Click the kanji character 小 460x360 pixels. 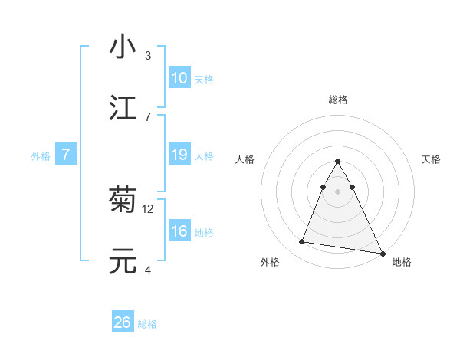tap(123, 47)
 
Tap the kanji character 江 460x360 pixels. tap(123, 107)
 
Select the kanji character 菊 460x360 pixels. tap(123, 200)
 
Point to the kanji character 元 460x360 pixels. tap(123, 260)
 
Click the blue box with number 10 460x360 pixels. tap(179, 78)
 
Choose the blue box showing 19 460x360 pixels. tap(179, 155)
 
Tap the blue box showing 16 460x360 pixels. tap(179, 231)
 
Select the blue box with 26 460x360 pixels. tap(123, 322)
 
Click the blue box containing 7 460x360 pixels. tap(66, 155)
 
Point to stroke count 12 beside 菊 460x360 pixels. tap(148, 208)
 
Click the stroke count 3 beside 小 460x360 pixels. tap(148, 56)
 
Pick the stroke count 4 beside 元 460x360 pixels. tap(148, 270)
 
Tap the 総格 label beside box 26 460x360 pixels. tap(147, 324)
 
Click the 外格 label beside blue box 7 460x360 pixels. tap(41, 156)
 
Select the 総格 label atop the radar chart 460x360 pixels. tap(338, 100)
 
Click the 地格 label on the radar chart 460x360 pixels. tap(402, 262)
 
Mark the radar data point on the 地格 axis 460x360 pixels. tap(382, 253)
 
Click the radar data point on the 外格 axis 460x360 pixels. tap(302, 242)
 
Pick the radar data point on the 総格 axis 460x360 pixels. tap(338, 162)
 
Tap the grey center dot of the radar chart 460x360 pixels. tap(338, 191)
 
